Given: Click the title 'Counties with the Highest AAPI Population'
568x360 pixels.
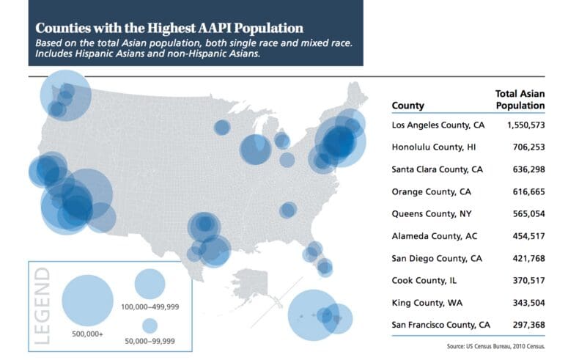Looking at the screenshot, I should [x=169, y=29].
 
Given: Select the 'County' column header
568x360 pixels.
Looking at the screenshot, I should [x=408, y=106].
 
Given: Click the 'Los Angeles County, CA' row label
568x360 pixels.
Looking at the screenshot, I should [x=438, y=125].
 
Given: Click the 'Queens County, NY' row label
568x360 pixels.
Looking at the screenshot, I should [x=429, y=214].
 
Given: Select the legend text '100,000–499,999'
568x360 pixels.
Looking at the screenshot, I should [x=150, y=306].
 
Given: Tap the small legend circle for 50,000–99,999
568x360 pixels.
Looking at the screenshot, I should [x=150, y=325].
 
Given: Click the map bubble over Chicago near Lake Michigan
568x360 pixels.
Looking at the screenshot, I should [x=256, y=150].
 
